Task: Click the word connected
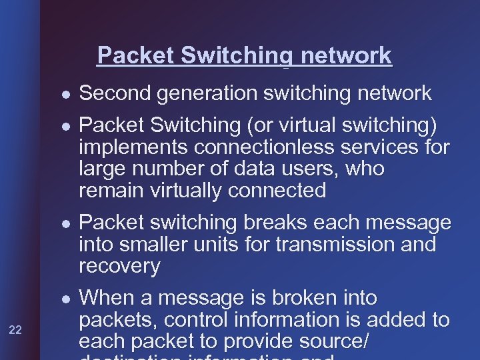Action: click(x=277, y=191)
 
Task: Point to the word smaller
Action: click(x=157, y=245)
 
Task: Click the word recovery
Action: click(x=119, y=267)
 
